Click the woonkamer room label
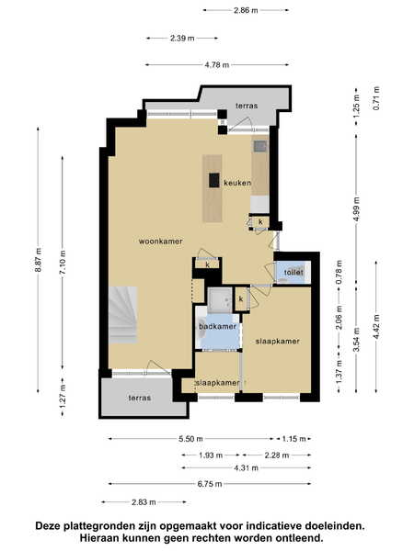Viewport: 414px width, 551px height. tap(160, 242)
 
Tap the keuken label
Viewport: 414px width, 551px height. tap(237, 183)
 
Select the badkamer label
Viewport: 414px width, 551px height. tap(217, 326)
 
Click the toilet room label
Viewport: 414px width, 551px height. tap(293, 273)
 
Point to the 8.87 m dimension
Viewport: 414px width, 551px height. tap(39, 260)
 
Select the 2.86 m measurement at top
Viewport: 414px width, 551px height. tap(246, 10)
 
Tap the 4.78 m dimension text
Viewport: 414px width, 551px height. tap(217, 65)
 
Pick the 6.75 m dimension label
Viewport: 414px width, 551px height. tap(210, 484)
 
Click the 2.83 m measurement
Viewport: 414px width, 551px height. tap(144, 502)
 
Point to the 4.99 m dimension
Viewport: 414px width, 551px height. tap(357, 208)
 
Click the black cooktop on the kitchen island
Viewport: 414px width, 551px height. tap(214, 180)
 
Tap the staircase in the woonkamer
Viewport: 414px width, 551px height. tap(122, 315)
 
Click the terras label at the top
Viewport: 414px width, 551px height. tap(247, 106)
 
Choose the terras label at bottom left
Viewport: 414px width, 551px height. tap(140, 398)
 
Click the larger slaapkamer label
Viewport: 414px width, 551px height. tap(278, 342)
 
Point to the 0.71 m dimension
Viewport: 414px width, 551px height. tap(376, 98)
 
